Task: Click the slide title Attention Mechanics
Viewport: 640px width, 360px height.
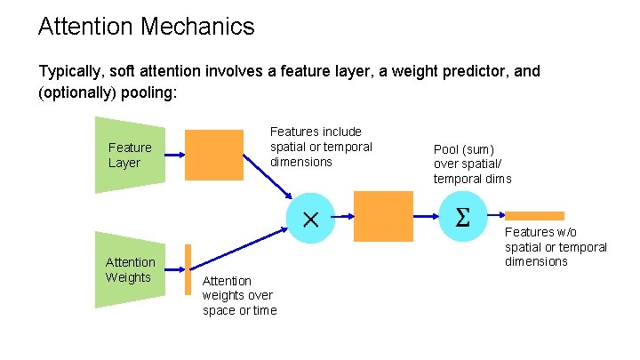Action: coord(146,27)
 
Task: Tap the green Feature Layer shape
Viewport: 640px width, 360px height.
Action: coord(130,155)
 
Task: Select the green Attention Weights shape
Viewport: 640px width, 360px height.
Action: coord(130,269)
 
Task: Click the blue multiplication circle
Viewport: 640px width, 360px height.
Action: coord(311,218)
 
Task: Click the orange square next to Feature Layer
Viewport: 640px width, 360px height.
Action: coord(213,155)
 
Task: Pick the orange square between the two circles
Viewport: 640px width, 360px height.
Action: coord(383,218)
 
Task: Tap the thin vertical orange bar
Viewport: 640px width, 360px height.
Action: coord(188,269)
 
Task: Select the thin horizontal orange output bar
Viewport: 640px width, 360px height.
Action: coord(534,216)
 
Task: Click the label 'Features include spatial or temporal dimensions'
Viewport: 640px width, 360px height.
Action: coord(321,147)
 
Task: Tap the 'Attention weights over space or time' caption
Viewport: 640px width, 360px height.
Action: coord(239,295)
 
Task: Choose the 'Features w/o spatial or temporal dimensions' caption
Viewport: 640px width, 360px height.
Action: coord(556,247)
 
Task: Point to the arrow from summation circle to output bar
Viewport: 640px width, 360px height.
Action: coord(495,216)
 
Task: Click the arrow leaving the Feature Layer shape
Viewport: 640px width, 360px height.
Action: coord(175,155)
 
